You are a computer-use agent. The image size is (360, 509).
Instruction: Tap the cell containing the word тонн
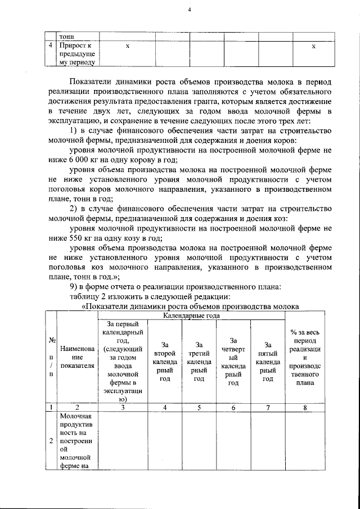coord(67,37)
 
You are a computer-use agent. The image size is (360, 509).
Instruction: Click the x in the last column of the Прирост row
coord(313,46)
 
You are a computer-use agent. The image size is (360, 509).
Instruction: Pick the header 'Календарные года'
coord(191,317)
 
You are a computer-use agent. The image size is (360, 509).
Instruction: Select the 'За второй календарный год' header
coord(165,362)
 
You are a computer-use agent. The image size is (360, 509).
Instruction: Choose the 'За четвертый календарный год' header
coord(233,362)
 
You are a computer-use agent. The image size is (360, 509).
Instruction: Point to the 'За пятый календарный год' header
coord(268,362)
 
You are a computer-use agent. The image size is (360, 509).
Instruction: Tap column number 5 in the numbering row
coord(199,408)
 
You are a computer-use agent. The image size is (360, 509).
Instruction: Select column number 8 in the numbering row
coord(304,408)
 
